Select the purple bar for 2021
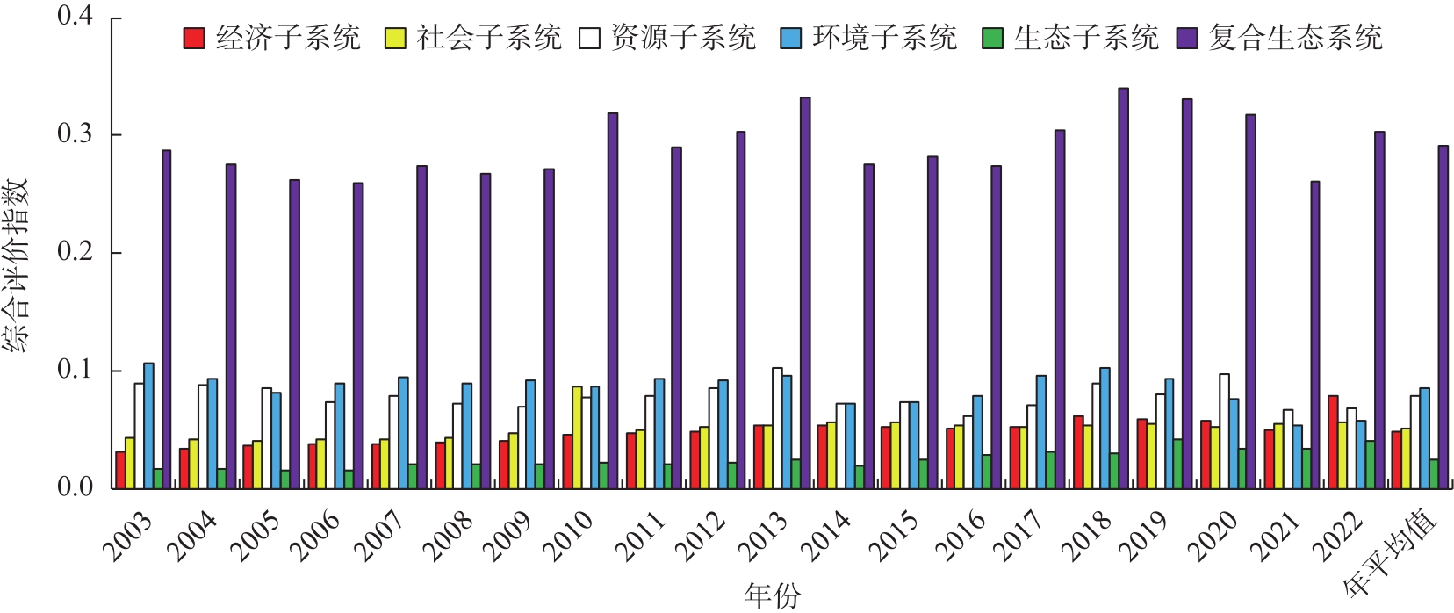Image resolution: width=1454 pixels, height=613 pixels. tap(1314, 335)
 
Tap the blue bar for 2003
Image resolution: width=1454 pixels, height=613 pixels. tap(148, 425)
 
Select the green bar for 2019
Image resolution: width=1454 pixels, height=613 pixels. tap(1177, 464)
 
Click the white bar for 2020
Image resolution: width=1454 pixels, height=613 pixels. tap(1224, 430)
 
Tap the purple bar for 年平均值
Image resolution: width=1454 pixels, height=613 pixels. tap(1443, 317)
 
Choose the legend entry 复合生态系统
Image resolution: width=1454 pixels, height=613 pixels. tap(1295, 38)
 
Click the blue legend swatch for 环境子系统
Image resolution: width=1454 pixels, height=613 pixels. tap(790, 38)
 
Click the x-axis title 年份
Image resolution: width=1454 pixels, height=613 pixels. tap(772, 596)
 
